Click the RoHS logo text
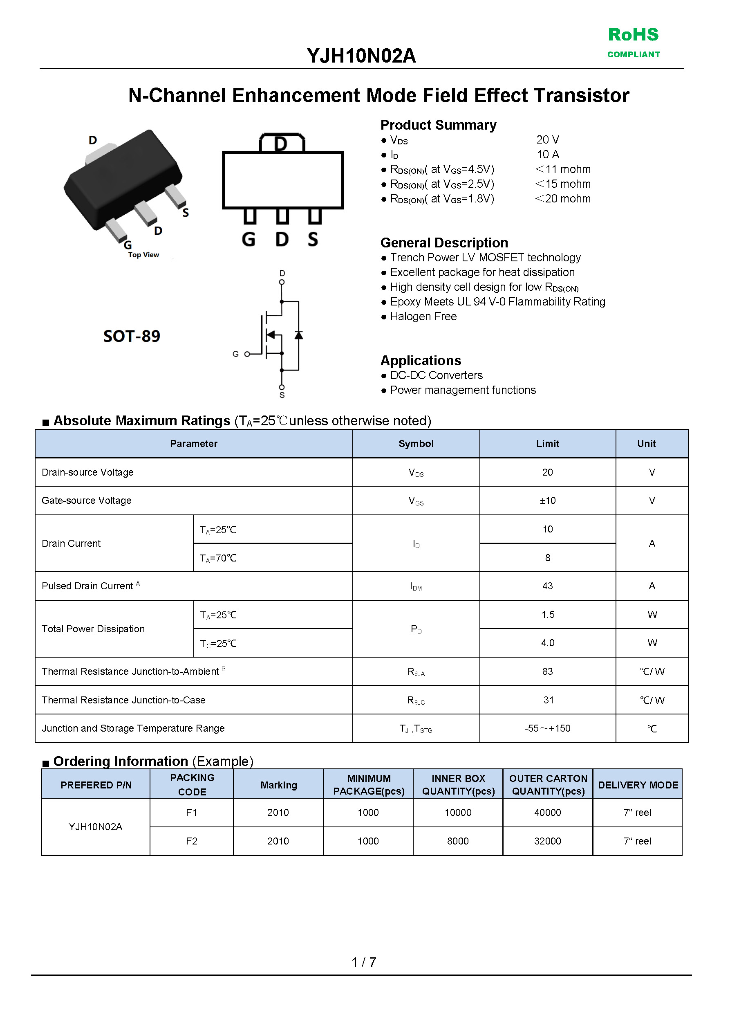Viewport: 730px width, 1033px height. pos(633,35)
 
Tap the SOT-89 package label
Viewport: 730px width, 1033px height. pos(131,336)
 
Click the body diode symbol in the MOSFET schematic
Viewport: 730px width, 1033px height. pos(298,335)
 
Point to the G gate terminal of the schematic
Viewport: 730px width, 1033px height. pos(246,354)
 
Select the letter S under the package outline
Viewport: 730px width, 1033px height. pos(313,239)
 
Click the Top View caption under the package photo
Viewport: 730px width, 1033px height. pos(143,255)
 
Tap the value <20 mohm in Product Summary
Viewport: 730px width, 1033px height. pos(563,199)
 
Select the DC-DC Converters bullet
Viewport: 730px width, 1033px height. pos(436,375)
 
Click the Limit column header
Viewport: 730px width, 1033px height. pos(547,444)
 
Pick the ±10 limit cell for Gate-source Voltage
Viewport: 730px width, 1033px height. pos(547,500)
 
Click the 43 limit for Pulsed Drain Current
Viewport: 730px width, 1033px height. pos(547,586)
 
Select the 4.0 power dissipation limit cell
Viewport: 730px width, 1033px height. pos(547,643)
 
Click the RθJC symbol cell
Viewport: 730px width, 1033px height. pos(416,700)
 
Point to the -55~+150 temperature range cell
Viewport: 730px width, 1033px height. pos(547,728)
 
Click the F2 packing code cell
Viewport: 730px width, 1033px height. pos(192,841)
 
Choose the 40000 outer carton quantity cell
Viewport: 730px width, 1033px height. pos(547,813)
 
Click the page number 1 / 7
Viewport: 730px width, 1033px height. pos(363,962)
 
